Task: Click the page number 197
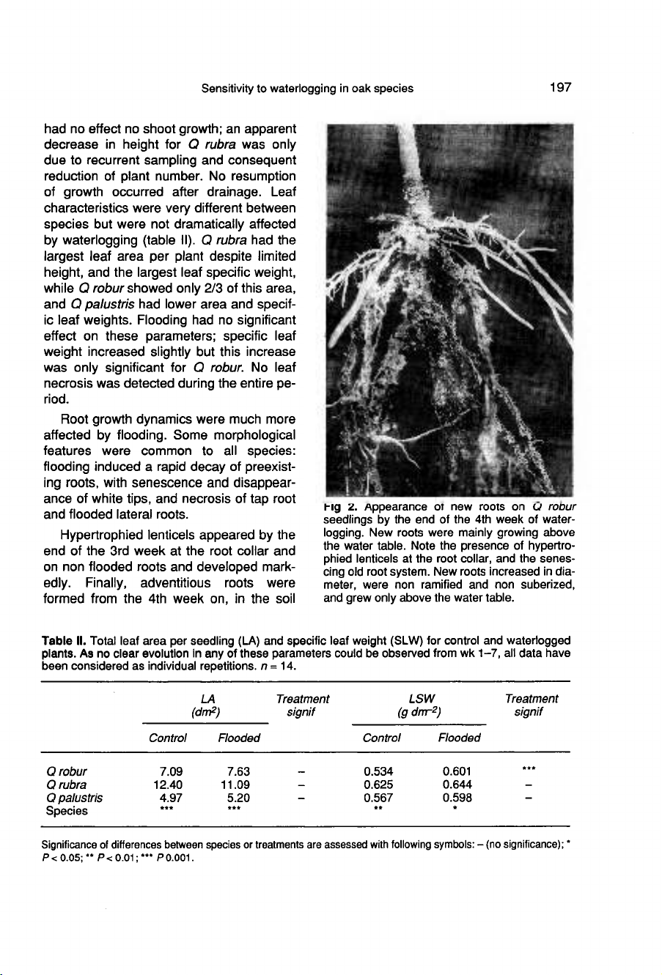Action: pyautogui.click(x=559, y=88)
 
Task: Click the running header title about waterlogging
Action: pyautogui.click(x=308, y=89)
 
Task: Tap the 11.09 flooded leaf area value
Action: pyautogui.click(x=236, y=784)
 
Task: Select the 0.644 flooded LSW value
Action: pyautogui.click(x=459, y=784)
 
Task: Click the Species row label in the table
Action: pyautogui.click(x=67, y=811)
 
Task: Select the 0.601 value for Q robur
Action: pyautogui.click(x=459, y=771)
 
